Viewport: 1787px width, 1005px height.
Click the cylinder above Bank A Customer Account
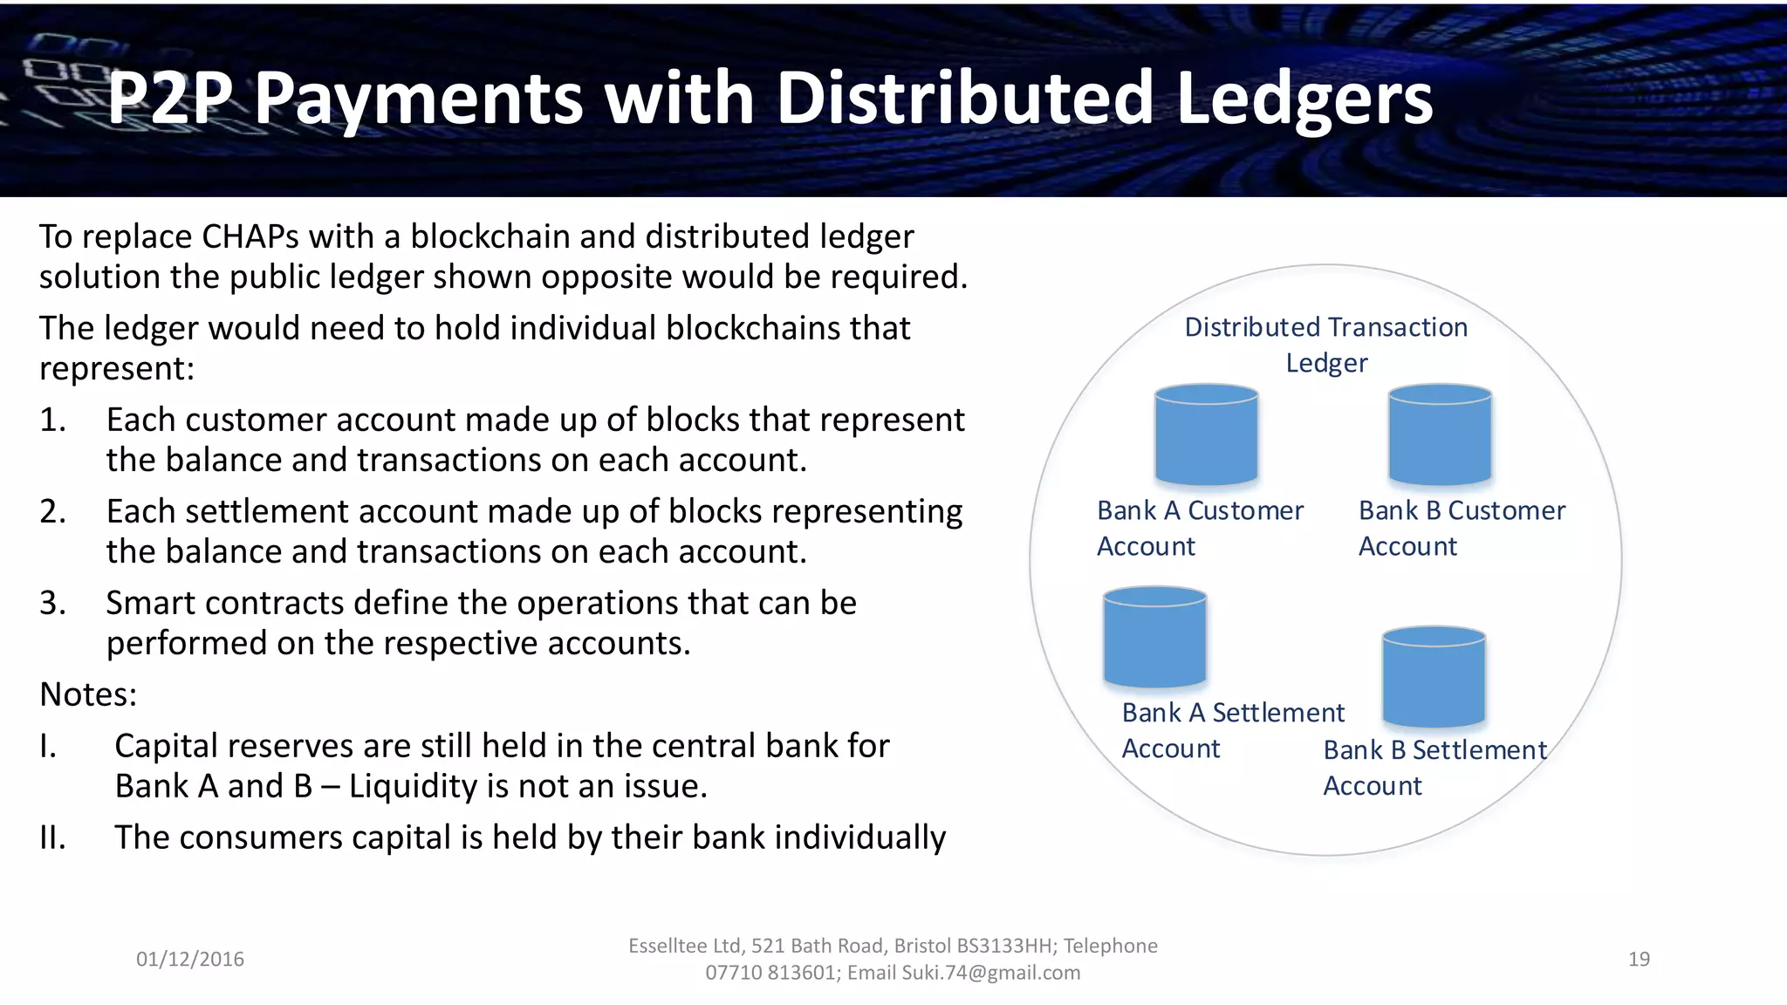(1206, 434)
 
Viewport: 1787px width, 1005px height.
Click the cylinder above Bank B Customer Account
(1440, 434)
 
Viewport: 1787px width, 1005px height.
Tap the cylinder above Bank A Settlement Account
(1154, 637)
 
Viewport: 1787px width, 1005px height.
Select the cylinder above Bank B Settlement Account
(1434, 676)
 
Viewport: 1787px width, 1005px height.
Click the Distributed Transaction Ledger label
(1325, 345)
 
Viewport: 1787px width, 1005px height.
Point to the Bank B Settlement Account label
(1434, 768)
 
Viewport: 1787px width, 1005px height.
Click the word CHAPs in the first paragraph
(250, 237)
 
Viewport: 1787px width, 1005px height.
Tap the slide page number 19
(1639, 959)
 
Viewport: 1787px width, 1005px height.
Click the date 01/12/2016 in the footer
(190, 959)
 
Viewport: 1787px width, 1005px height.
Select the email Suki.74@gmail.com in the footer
(990, 973)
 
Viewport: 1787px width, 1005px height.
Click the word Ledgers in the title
(1304, 98)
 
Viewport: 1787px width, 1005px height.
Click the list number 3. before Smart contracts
(52, 603)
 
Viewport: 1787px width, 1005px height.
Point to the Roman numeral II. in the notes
(52, 837)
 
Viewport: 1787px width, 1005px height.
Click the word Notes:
(88, 694)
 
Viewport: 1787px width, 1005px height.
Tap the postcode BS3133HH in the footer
(1004, 946)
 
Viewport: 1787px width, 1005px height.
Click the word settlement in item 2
(267, 511)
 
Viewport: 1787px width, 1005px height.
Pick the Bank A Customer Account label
(1200, 528)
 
